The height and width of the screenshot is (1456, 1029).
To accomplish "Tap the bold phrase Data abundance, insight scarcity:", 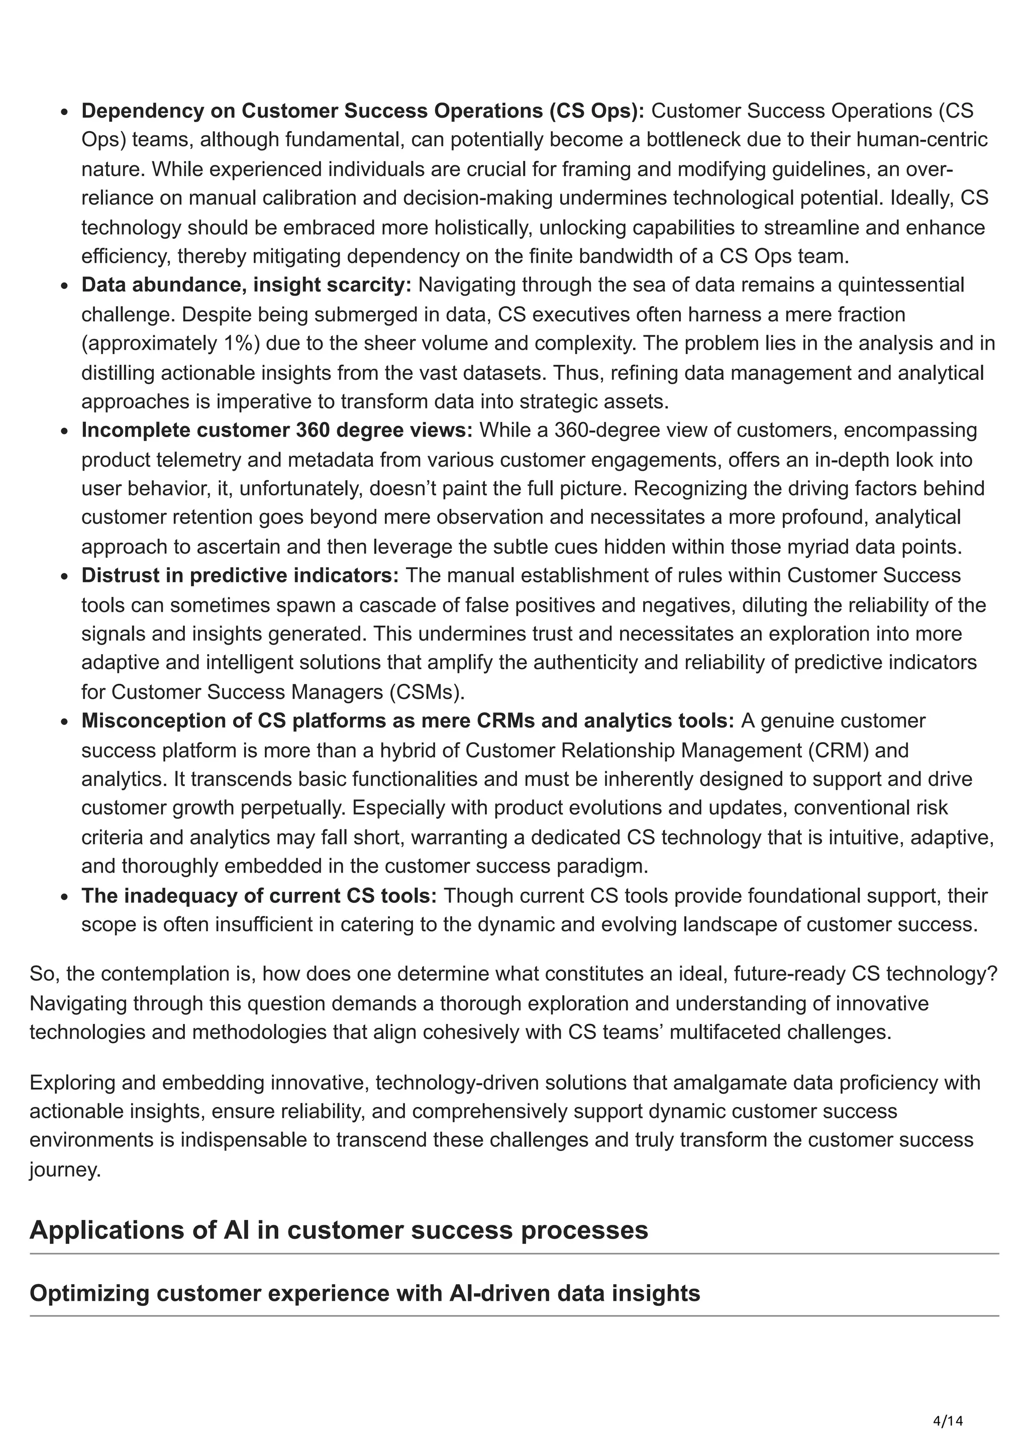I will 246,285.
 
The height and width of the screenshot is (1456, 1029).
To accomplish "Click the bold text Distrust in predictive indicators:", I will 240,575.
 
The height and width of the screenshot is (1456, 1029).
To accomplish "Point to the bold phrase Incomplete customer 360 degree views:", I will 276,430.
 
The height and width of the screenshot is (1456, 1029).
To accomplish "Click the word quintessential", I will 900,285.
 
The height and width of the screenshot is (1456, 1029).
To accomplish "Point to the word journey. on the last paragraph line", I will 65,1169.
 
